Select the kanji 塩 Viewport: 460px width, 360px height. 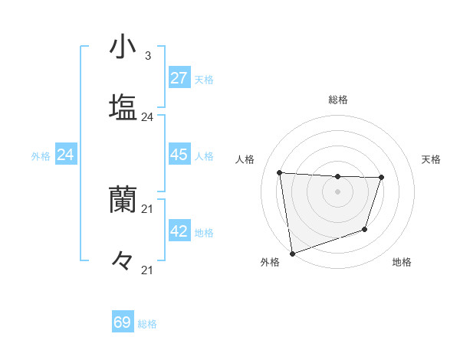tap(123, 106)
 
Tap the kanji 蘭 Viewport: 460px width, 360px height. tap(123, 199)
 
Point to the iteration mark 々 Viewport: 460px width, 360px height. tap(123, 260)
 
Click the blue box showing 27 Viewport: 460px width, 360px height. tap(179, 78)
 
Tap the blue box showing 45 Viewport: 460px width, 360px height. tap(179, 155)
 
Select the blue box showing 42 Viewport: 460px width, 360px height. tap(179, 231)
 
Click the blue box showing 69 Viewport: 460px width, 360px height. tap(123, 322)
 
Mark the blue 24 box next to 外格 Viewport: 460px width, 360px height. tap(65, 155)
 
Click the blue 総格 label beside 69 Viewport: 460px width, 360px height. tap(147, 324)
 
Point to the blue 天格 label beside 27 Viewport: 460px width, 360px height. tap(204, 80)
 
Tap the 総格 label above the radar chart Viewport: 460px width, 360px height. tap(337, 100)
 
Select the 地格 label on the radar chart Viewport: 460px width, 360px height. tap(402, 262)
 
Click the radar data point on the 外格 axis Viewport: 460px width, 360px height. tap(292, 253)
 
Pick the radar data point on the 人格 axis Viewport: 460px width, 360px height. tap(280, 172)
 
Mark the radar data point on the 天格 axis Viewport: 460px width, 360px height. tap(381, 178)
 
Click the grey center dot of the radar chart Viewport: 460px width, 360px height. tap(337, 191)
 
